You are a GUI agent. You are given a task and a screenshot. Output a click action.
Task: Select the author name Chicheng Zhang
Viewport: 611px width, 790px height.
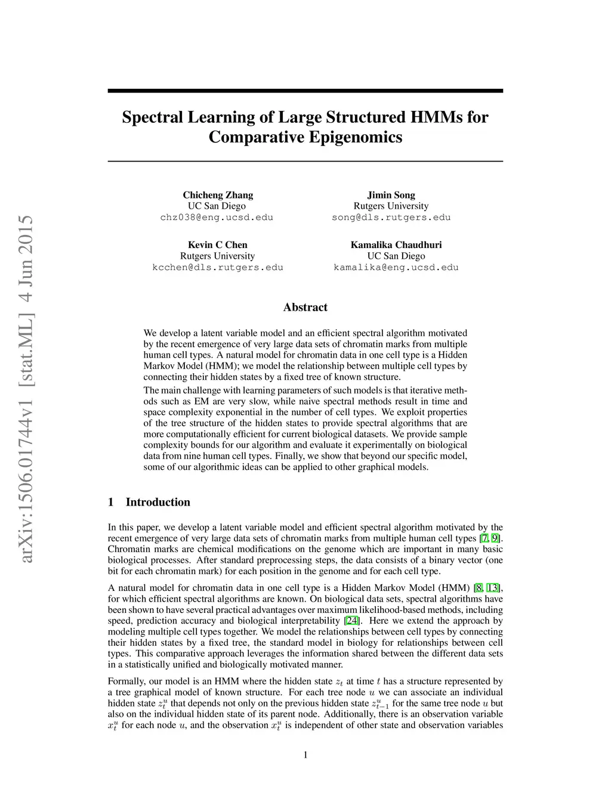point(218,195)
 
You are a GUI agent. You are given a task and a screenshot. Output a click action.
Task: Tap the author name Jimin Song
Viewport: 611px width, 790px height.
point(391,195)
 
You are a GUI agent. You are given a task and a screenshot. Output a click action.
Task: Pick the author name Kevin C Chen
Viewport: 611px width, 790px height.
point(218,244)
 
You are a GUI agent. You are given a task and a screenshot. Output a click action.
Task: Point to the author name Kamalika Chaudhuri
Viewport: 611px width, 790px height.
point(396,244)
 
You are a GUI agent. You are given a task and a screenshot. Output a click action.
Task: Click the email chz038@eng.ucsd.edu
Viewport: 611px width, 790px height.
point(217,217)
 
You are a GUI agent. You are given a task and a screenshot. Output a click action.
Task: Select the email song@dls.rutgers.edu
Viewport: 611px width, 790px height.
point(391,217)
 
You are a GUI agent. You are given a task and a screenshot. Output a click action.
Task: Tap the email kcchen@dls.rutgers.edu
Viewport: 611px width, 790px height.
point(218,267)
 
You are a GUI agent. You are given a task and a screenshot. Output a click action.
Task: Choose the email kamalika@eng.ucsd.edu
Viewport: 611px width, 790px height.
point(396,267)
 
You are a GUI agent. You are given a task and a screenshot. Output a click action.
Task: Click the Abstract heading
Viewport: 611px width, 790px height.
point(305,307)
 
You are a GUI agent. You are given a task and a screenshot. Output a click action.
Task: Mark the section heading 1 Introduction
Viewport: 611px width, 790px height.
point(149,502)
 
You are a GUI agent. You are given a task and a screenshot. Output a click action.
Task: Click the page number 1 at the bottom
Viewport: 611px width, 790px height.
point(305,755)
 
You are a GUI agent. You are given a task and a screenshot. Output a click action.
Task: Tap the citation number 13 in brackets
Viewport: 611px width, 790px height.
point(493,588)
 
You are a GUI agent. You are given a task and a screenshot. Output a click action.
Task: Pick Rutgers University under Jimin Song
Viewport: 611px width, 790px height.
point(391,206)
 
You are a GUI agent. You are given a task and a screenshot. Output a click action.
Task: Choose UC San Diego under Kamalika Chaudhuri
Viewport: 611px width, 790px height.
point(396,256)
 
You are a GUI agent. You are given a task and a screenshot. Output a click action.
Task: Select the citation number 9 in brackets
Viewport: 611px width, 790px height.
point(495,538)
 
